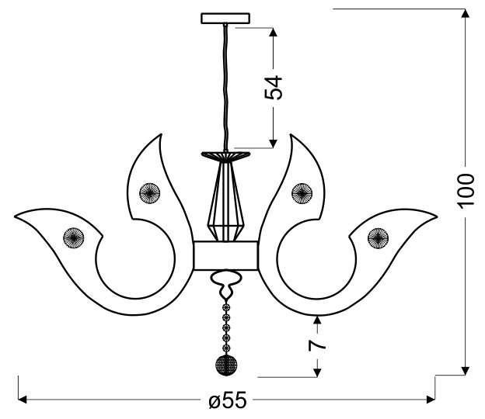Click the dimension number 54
click(274, 88)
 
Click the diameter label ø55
click(228, 400)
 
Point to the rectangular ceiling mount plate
click(225, 18)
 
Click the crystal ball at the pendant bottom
click(226, 365)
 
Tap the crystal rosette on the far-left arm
click(74, 237)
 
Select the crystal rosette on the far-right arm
click(378, 238)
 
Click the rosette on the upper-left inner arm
click(149, 193)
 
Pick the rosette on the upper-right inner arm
click(302, 193)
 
